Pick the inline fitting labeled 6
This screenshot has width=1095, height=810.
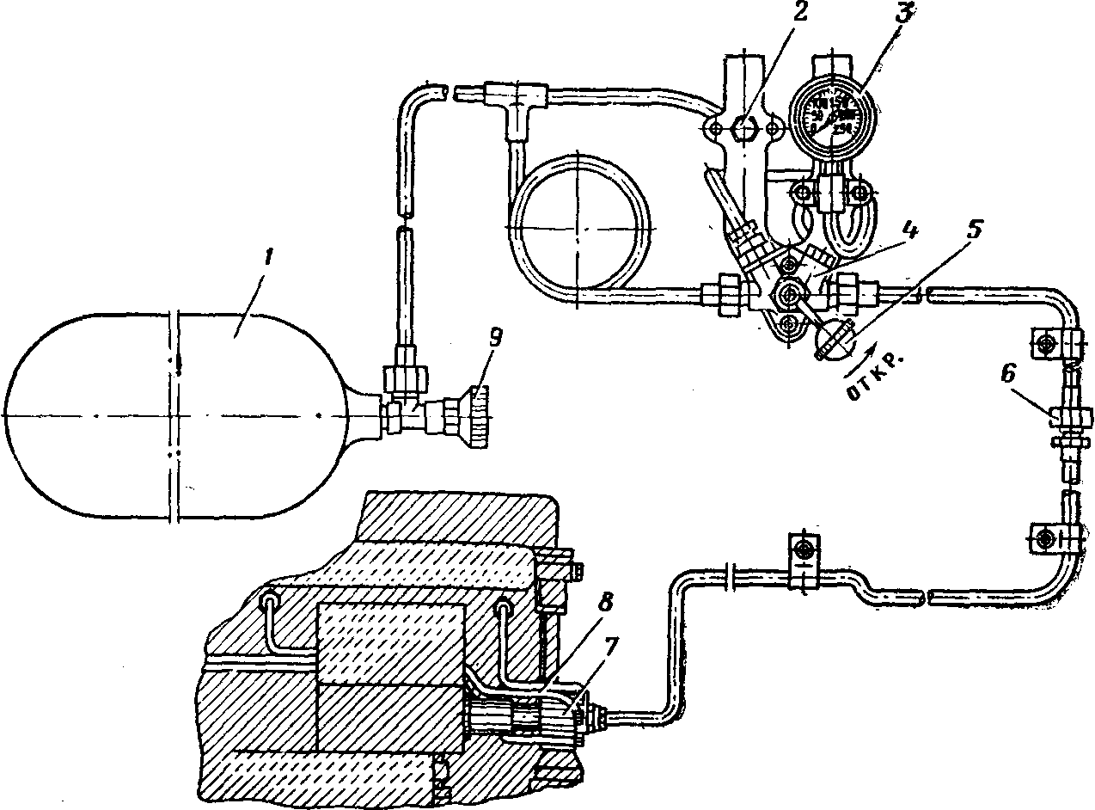[1067, 421]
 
